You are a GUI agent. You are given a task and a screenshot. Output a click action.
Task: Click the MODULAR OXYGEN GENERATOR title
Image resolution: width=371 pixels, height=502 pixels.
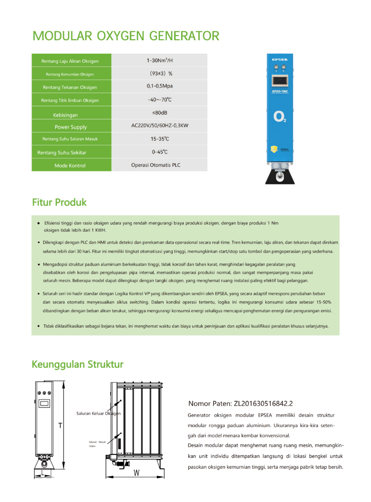coord(126,36)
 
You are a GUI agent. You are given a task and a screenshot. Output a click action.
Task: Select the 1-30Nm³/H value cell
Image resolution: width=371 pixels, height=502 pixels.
coord(159,61)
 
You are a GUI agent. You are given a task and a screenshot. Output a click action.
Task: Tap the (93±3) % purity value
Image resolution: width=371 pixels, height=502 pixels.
coord(160,74)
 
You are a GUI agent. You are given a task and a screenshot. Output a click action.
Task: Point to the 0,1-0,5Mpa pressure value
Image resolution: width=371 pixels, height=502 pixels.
coord(159,86)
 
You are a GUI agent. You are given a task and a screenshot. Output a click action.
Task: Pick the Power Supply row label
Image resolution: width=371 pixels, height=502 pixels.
coord(70,127)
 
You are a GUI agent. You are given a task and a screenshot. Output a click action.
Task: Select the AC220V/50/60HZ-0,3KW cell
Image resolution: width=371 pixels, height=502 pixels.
coord(159,126)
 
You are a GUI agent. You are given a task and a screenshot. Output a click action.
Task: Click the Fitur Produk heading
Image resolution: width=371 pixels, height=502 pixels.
coord(59,203)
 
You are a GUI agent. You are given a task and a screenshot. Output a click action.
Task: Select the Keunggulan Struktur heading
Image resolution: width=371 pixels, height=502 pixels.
coord(78,364)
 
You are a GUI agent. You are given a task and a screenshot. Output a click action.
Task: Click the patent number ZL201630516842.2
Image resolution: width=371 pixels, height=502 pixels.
coord(240,403)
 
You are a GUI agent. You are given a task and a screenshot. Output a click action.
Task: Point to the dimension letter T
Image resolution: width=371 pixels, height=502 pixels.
coord(60,426)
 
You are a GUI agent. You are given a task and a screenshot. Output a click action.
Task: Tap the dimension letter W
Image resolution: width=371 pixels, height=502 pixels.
coord(136,473)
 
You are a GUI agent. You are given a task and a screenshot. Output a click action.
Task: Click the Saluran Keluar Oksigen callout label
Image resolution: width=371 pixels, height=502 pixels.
coord(98,414)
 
